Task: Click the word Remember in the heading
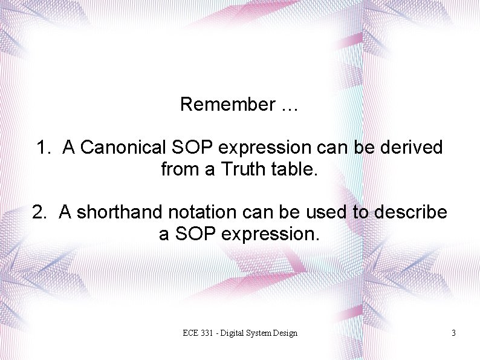coord(227,105)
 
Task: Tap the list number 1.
coord(44,147)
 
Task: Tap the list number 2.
coord(40,212)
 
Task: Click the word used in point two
coord(294,212)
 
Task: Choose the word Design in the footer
coord(285,333)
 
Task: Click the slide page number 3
coord(453,333)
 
